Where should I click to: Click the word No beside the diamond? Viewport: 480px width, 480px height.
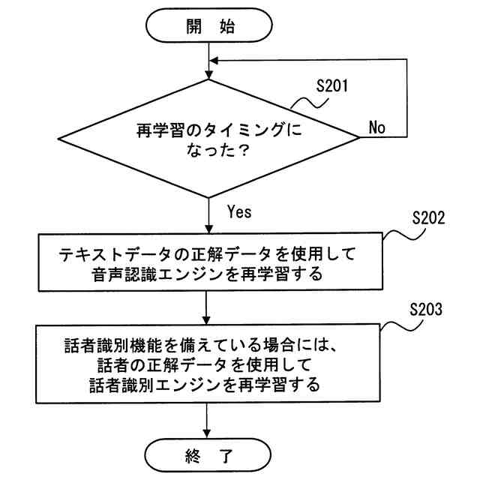[x=376, y=127]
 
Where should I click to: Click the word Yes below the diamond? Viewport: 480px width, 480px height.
[x=238, y=211]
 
